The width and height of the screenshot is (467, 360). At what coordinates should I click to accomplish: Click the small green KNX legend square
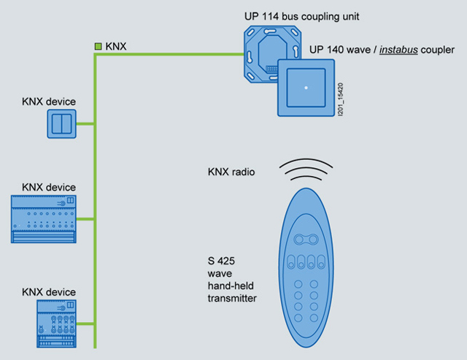(98, 47)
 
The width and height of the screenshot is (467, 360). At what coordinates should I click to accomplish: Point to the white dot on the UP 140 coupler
(306, 88)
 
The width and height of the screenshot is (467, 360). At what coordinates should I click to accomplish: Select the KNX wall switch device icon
(61, 124)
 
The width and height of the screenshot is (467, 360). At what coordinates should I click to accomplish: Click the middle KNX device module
(43, 218)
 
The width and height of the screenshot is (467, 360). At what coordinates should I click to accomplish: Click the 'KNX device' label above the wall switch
(49, 101)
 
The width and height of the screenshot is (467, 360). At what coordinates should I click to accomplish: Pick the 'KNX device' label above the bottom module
(49, 292)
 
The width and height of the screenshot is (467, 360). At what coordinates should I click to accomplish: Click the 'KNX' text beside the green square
(116, 47)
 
